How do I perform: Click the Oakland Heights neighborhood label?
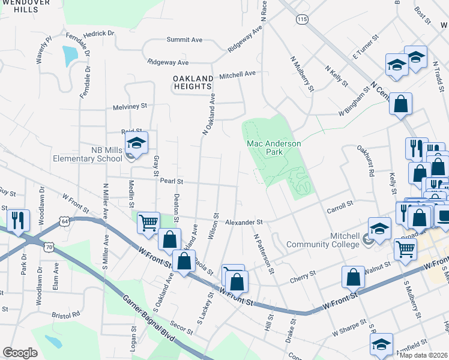coord(193,83)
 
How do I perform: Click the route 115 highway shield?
coord(301,20)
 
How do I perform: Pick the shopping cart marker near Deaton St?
coord(148,223)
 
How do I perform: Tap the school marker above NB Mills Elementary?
coord(136,143)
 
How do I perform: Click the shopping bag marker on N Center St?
coord(400,103)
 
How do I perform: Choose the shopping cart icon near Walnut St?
coord(405,248)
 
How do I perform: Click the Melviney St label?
coord(130,106)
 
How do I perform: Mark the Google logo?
coord(20,353)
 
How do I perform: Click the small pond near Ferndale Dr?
coord(70,56)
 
